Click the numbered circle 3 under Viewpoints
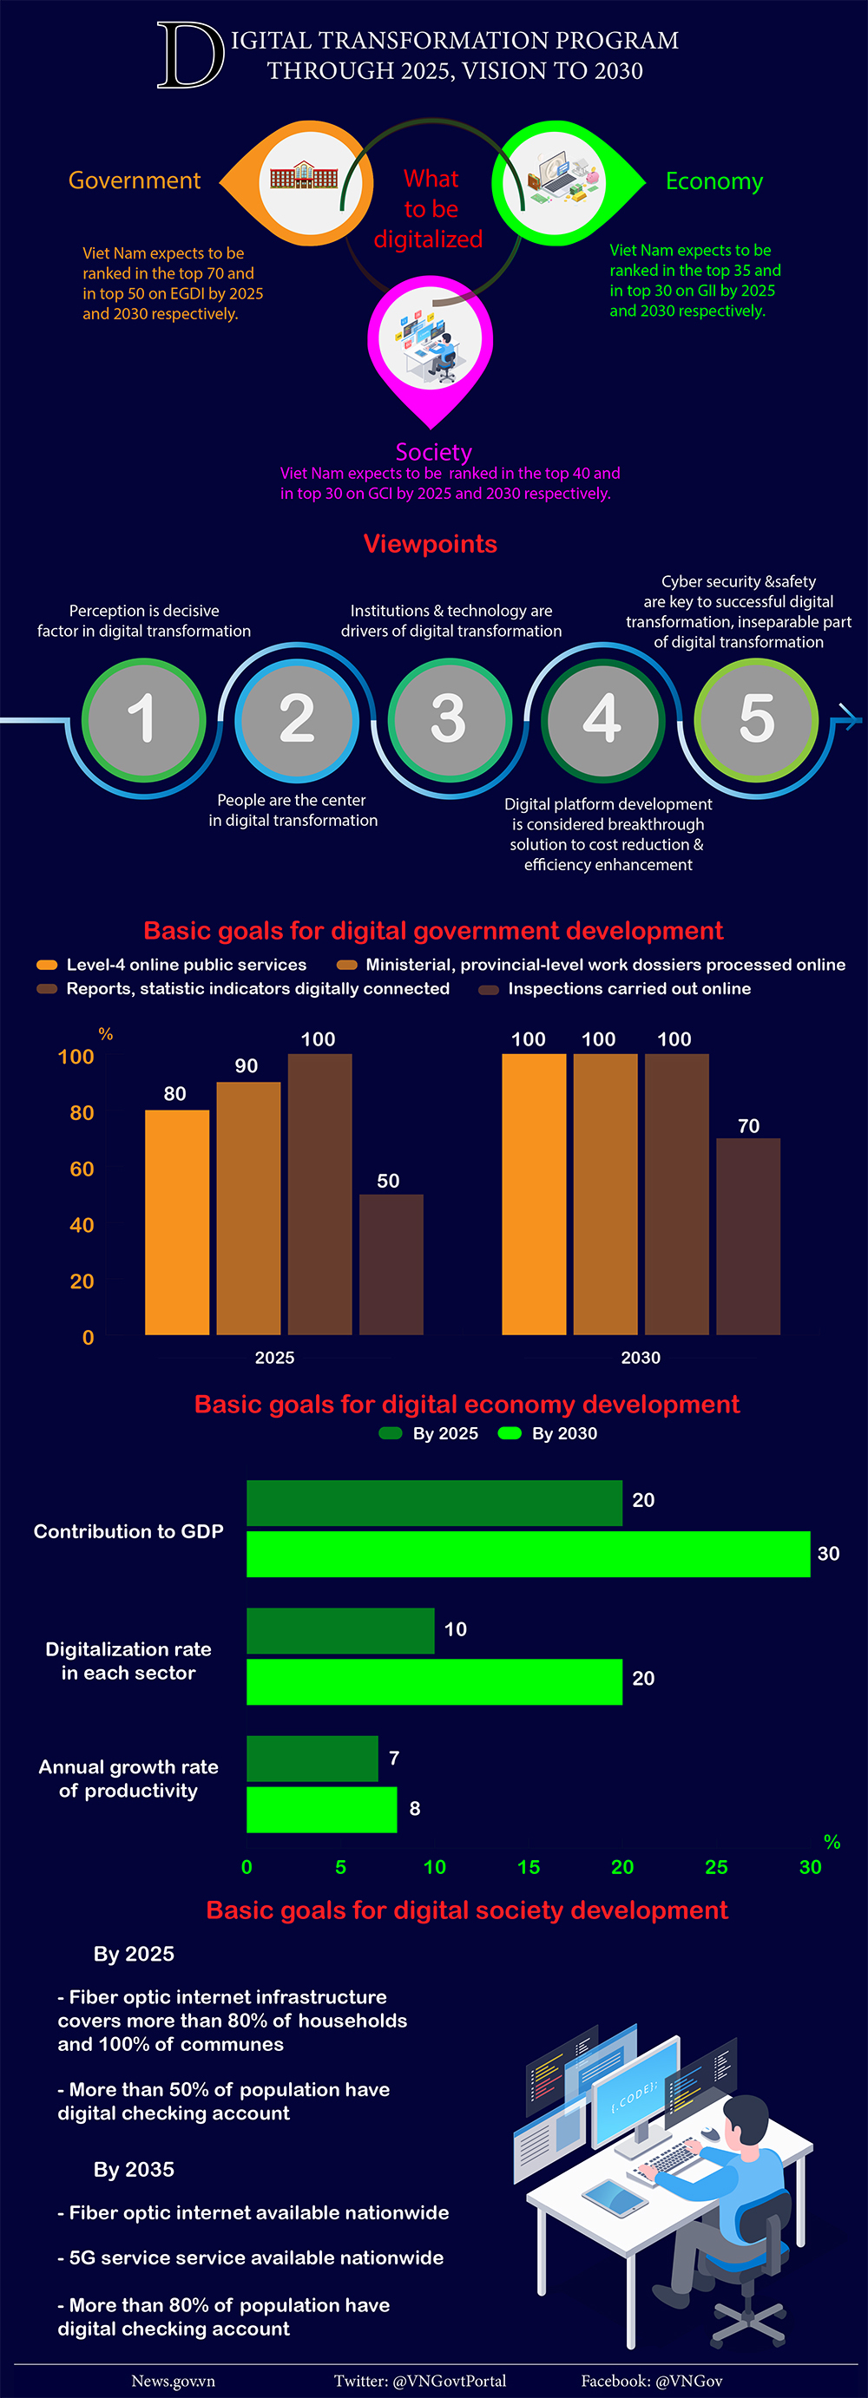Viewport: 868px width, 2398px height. click(449, 718)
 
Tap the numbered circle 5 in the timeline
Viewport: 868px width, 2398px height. click(756, 718)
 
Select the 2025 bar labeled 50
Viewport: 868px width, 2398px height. click(391, 1264)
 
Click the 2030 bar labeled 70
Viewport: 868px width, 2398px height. click(748, 1236)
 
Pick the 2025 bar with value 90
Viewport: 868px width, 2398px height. click(247, 1209)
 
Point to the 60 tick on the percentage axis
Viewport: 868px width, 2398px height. click(82, 1170)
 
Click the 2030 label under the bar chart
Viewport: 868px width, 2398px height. click(641, 1357)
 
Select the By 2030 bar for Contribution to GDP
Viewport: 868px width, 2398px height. click(528, 1554)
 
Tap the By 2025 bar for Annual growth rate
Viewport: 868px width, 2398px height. click(312, 1758)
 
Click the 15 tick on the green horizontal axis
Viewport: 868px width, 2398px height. click(528, 1866)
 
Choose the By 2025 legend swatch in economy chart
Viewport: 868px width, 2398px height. click(391, 1432)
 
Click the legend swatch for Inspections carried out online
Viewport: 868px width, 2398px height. click(488, 990)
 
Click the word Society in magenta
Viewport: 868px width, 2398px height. click(433, 452)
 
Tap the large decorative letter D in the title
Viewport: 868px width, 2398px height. click(190, 56)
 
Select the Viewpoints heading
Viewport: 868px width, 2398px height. click(431, 544)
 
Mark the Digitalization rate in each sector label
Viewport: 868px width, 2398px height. click(128, 1661)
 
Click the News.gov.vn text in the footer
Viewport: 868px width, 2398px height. click(174, 2381)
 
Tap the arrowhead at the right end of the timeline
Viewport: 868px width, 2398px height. click(851, 717)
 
